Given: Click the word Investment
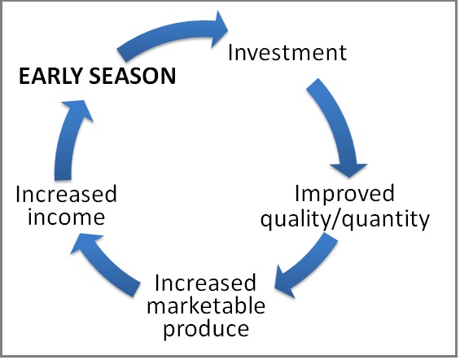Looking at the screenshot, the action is pos(287,52).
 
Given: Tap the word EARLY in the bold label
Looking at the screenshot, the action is pos(50,76).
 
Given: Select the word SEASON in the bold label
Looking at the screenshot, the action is pos(133,76).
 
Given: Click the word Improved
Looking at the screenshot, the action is pos(344,194).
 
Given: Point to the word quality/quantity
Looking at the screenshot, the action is pos(345,219).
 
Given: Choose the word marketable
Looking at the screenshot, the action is pos(206,305).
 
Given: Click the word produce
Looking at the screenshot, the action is pos(206,329).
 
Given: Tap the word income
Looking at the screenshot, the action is pos(66,217).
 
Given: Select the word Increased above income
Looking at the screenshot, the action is pos(66,194).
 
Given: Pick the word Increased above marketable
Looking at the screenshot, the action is pos(205,283).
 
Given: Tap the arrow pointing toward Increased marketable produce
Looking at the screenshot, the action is pos(308,266).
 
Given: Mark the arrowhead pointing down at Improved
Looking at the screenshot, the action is pos(348,169).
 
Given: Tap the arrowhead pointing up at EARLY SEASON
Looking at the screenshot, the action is pos(77,108).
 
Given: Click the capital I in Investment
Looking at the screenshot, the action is pos(230,52).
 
